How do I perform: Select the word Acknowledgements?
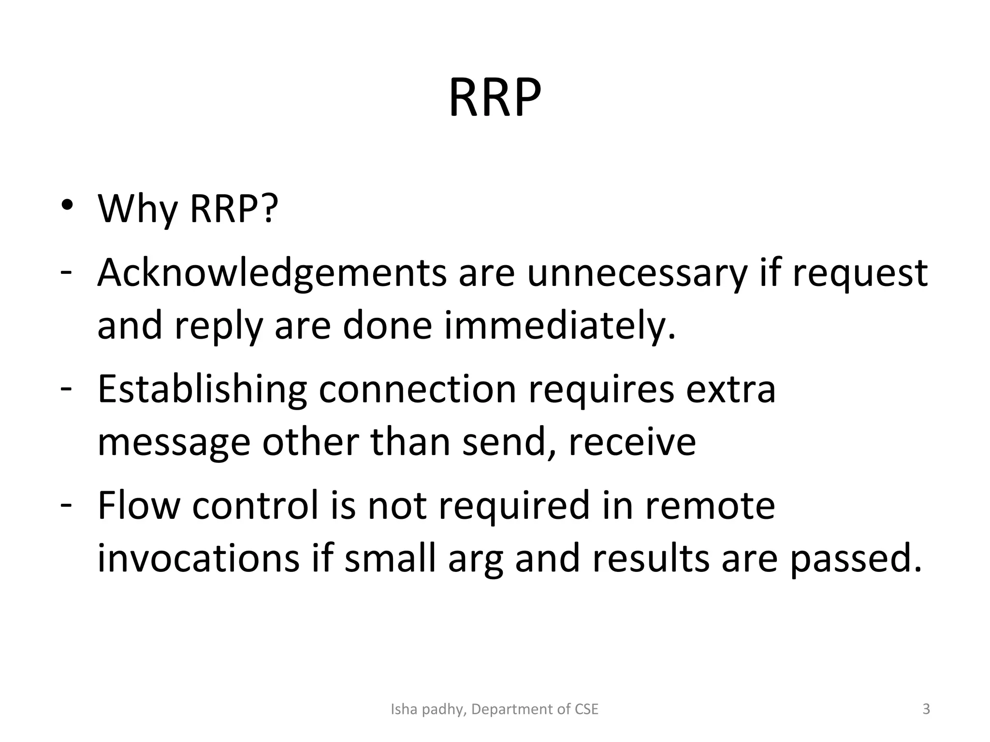[272, 273]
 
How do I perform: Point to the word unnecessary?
[637, 273]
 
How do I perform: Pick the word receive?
[632, 442]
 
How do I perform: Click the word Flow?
[139, 505]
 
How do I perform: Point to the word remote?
[710, 505]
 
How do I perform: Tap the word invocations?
[199, 558]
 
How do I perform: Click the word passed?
[856, 558]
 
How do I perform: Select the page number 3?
[926, 709]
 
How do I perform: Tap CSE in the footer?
[586, 709]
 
